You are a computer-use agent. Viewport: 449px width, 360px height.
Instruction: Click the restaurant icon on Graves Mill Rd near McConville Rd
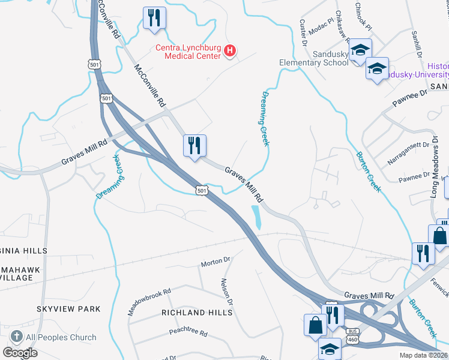coord(194,146)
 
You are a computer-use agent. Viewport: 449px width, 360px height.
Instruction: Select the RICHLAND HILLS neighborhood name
coord(196,313)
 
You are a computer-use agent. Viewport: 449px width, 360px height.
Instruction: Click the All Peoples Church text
coord(62,337)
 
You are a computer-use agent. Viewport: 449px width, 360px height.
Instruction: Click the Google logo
coord(20,353)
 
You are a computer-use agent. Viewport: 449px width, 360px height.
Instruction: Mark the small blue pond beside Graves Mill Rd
coord(256,216)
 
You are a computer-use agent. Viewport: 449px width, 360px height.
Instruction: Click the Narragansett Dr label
coord(409,152)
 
